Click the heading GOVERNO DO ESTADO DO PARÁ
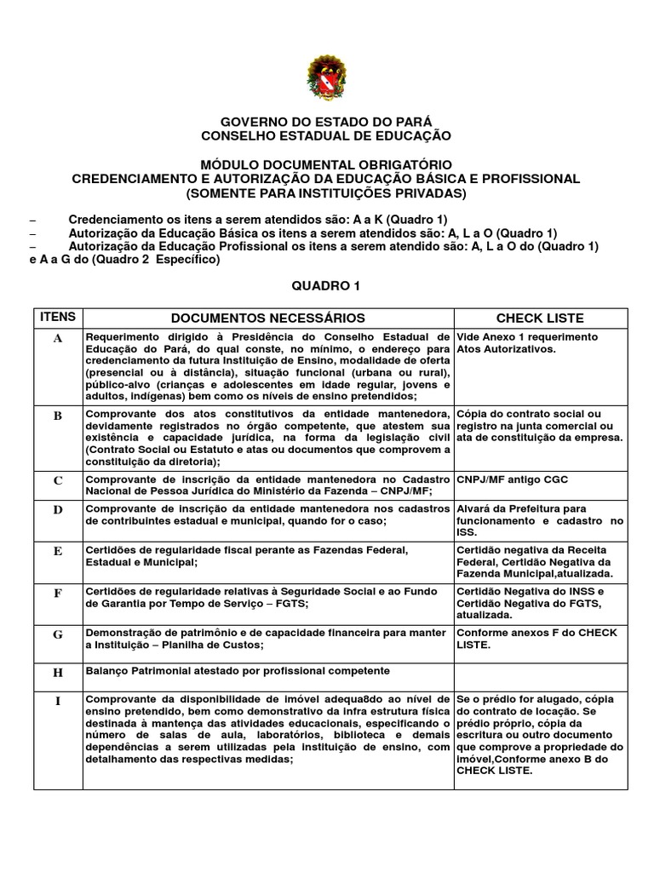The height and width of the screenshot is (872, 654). coord(326,122)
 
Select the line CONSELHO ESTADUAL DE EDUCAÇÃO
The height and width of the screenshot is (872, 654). coord(326,135)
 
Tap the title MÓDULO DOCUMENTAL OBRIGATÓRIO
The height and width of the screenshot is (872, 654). coord(326,164)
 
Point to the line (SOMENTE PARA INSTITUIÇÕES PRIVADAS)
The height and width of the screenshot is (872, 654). coord(326,193)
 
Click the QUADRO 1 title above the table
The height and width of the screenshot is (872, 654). coord(326,287)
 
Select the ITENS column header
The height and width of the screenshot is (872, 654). coord(58,318)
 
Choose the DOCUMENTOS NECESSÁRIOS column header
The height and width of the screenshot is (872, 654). coord(268,318)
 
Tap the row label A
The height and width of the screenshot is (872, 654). coord(58,338)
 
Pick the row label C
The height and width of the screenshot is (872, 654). coord(58,480)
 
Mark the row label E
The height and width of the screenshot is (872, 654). coord(58,551)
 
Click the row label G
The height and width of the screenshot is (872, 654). coord(58,634)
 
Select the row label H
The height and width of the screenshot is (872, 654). coord(58,673)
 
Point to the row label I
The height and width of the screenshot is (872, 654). coord(58,701)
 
